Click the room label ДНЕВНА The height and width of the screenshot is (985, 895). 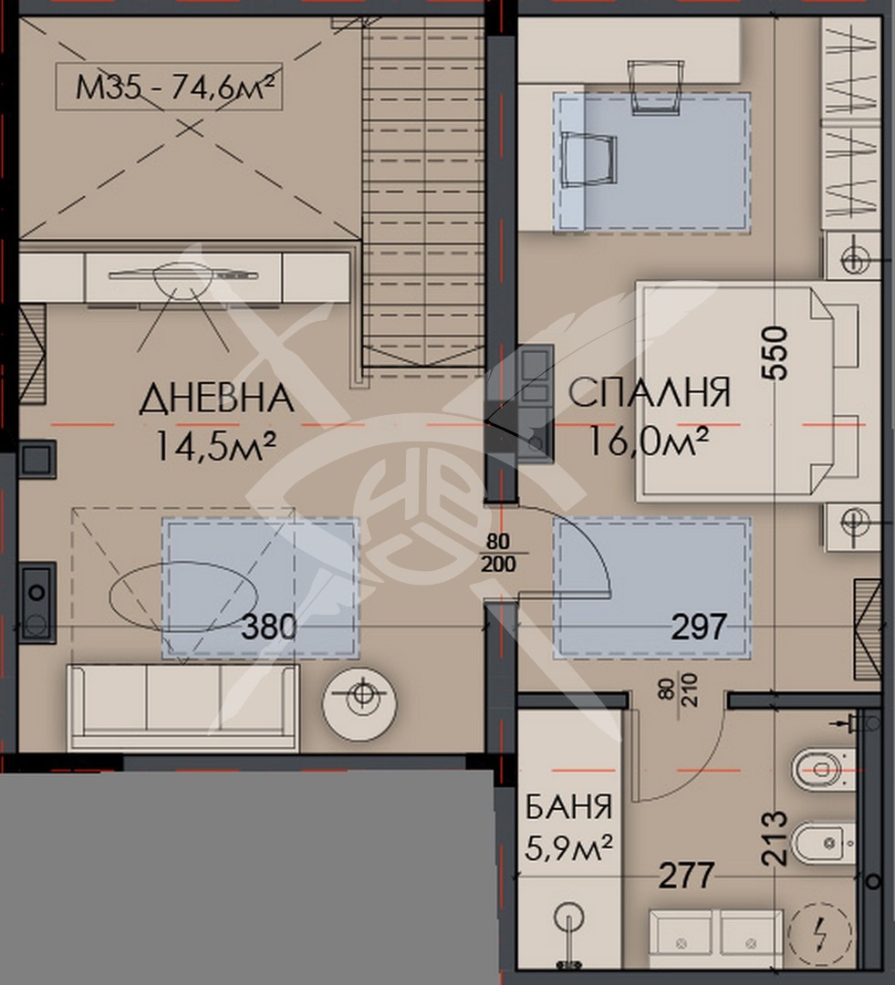[217, 399]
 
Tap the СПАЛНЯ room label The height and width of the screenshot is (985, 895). [650, 392]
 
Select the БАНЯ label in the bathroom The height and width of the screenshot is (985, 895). [568, 806]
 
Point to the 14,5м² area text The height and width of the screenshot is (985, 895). [215, 446]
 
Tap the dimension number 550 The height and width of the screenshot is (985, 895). [775, 352]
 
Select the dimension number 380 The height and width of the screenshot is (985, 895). [269, 627]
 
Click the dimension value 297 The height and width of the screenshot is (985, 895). [700, 627]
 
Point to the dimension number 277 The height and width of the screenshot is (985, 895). [686, 875]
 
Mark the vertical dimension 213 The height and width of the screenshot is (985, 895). [775, 838]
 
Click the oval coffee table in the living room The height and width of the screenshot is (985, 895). [182, 595]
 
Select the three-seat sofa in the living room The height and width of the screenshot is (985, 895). [182, 708]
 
